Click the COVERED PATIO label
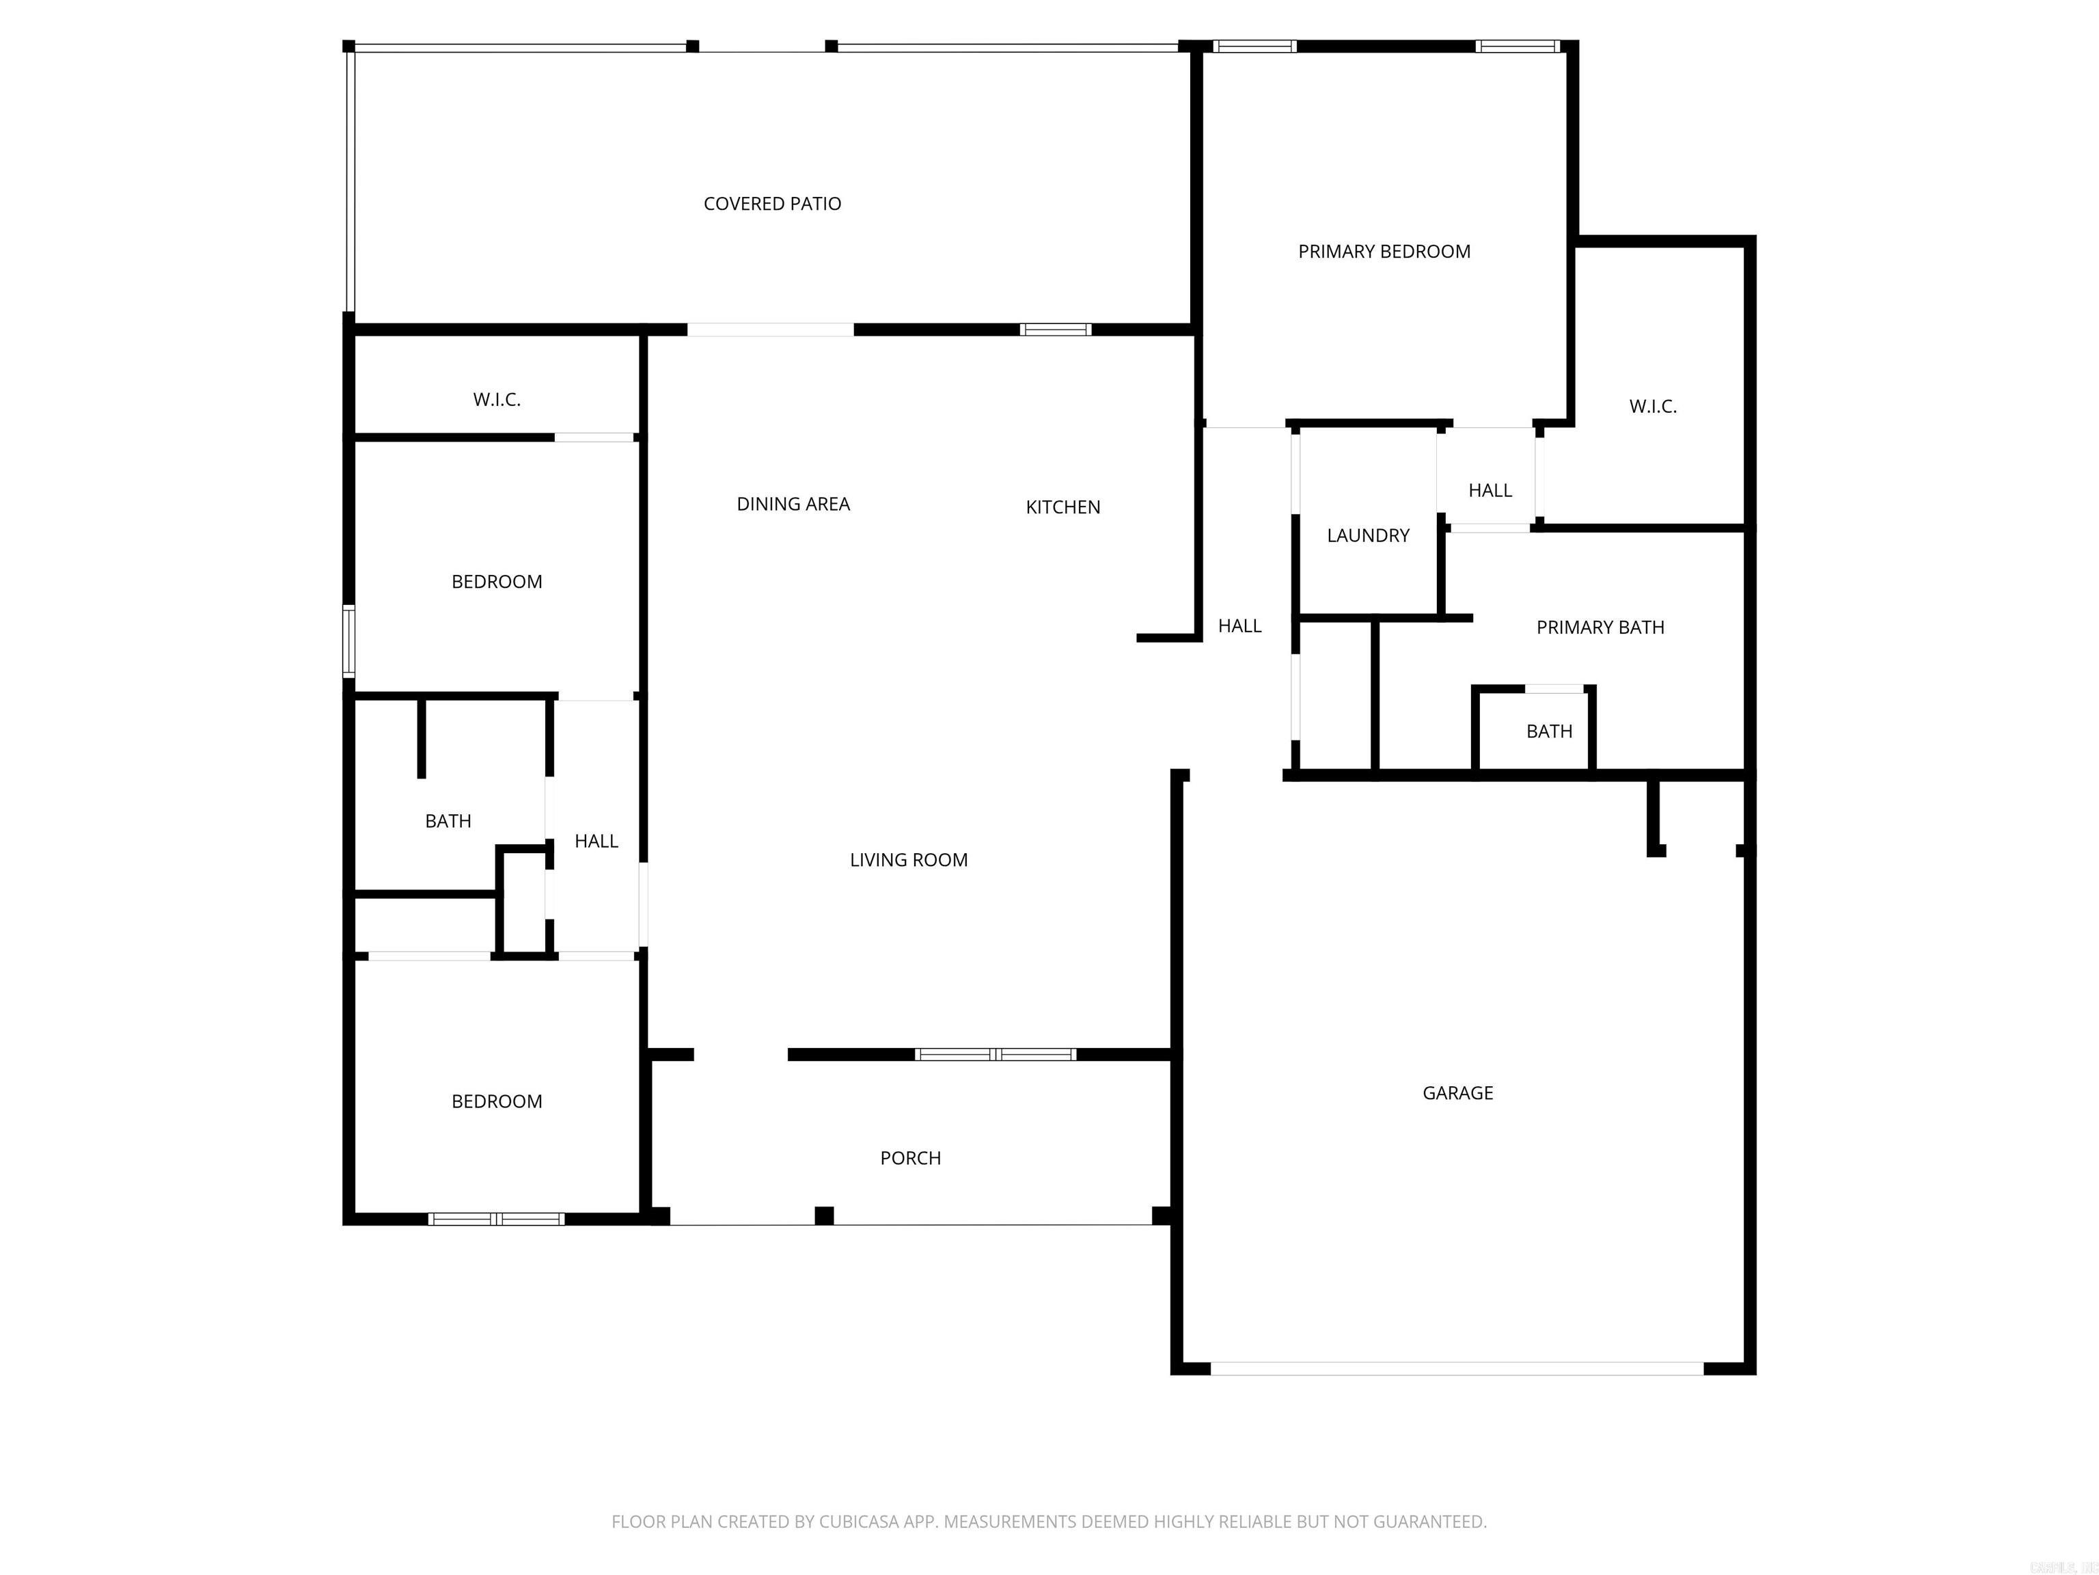tap(771, 203)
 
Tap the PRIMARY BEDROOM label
tap(1384, 252)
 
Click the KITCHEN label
tap(1062, 507)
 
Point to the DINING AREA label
tap(793, 504)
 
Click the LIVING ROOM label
tap(908, 860)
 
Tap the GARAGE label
tap(1457, 1092)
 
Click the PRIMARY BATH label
tap(1600, 628)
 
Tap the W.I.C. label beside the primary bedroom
tap(1652, 406)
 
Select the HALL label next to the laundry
tap(1489, 491)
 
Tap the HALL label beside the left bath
tap(596, 841)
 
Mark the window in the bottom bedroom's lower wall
tap(495, 1219)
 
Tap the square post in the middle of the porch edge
tap(823, 1215)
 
